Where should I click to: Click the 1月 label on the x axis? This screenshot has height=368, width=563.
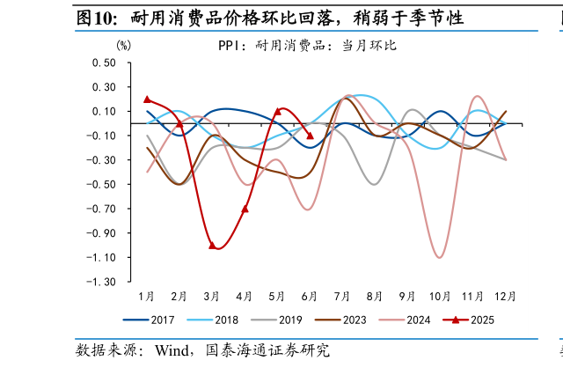(x=147, y=296)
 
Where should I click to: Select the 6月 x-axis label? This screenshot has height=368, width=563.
(x=310, y=296)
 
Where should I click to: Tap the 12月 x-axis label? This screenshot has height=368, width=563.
(x=505, y=296)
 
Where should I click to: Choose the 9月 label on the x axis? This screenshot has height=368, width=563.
(x=407, y=296)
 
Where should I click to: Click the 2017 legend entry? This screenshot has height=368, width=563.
(x=152, y=320)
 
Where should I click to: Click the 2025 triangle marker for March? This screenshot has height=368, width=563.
(x=212, y=245)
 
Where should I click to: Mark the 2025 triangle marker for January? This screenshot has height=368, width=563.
(x=147, y=99)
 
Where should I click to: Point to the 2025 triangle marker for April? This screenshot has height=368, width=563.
(x=245, y=209)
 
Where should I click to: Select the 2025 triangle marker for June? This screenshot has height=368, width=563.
(x=310, y=136)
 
